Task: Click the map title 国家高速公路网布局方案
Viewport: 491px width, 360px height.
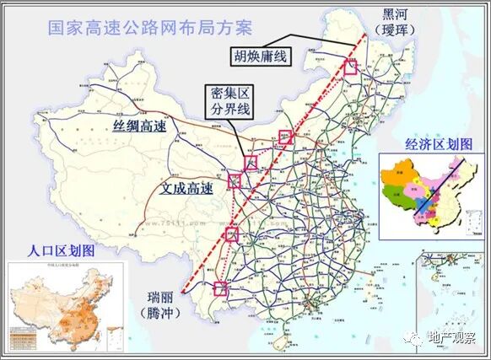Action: click(139, 26)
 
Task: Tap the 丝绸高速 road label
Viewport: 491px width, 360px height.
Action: click(139, 126)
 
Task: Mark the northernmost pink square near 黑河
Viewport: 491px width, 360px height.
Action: click(349, 67)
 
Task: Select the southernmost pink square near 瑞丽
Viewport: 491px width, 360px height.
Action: click(220, 289)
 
